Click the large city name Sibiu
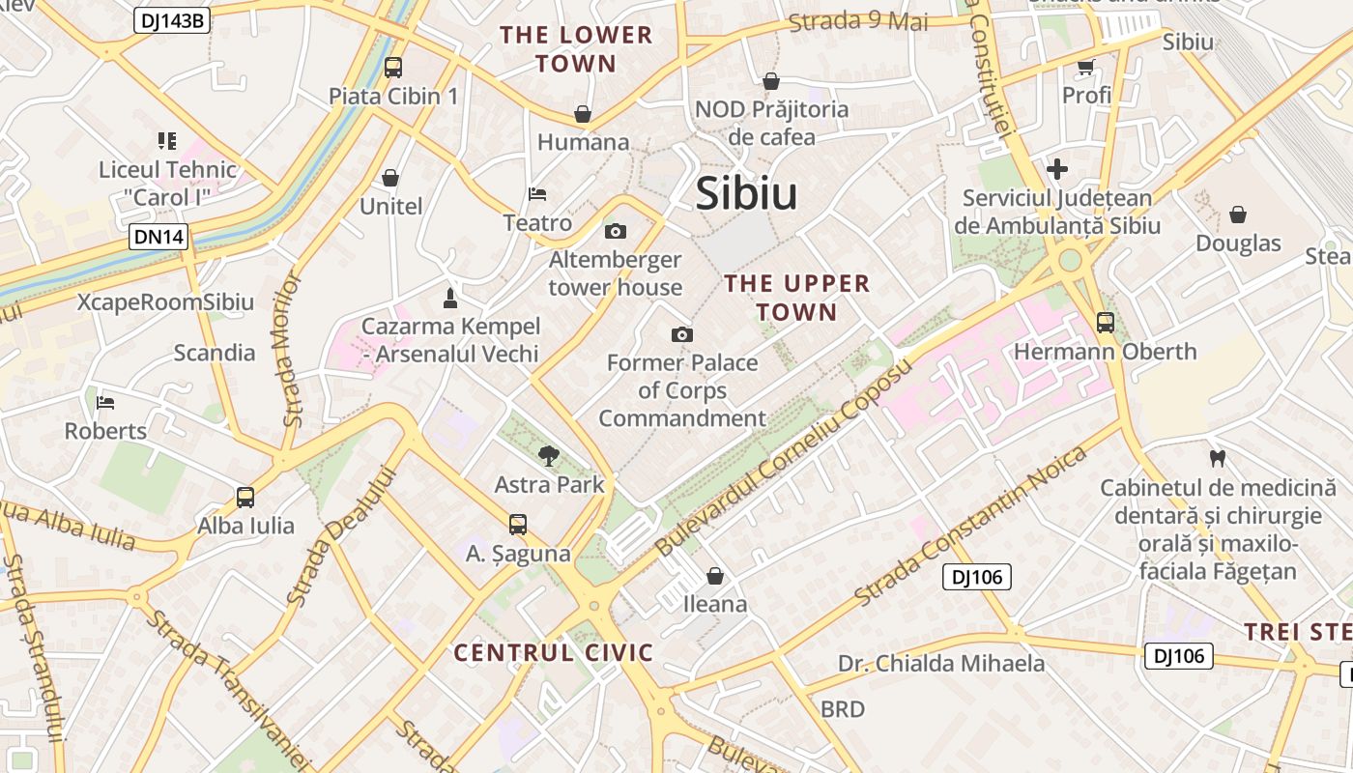point(746,193)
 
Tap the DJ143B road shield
point(170,19)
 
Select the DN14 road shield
point(158,237)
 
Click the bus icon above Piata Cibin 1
point(392,68)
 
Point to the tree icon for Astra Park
point(549,455)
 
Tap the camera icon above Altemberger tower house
point(615,231)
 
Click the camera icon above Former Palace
point(682,334)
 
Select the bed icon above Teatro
point(537,194)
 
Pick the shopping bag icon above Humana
point(583,114)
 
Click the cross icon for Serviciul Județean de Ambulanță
point(1057,169)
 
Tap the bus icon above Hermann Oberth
point(1105,323)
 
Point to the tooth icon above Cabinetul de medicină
point(1217,458)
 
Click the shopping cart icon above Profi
point(1085,67)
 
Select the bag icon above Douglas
point(1238,215)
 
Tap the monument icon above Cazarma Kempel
point(449,297)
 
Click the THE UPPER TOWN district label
point(797,298)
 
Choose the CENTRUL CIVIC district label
point(554,652)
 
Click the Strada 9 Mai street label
point(858,21)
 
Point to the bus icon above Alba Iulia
point(245,498)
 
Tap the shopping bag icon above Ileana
point(715,576)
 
